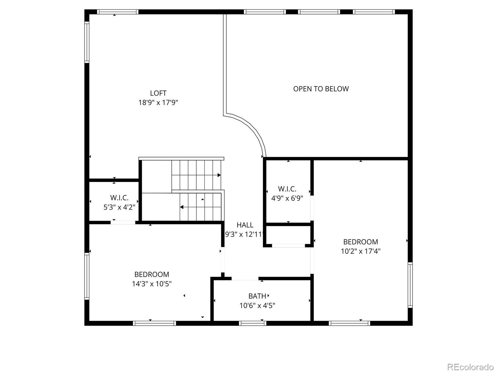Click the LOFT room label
click(158, 93)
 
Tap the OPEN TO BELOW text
click(321, 89)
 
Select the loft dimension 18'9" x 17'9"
click(158, 103)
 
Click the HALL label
click(245, 225)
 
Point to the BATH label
click(257, 296)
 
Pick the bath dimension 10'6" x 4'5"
click(257, 306)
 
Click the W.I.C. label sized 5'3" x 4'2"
click(119, 198)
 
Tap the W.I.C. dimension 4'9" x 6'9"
click(287, 198)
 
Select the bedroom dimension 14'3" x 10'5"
click(152, 284)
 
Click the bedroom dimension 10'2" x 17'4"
click(360, 251)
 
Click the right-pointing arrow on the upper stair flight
click(219, 175)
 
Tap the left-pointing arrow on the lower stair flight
click(182, 207)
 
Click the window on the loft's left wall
click(87, 42)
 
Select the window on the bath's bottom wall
click(253, 323)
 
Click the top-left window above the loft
click(117, 12)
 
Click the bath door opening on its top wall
click(245, 279)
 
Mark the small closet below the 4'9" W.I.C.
click(288, 235)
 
